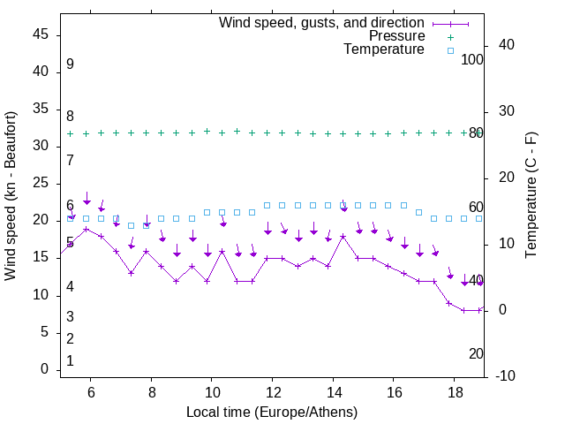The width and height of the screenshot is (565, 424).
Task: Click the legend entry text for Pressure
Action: pos(396,36)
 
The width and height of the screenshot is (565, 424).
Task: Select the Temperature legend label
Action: pos(384,49)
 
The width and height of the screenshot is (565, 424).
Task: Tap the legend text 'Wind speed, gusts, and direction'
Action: pos(322,22)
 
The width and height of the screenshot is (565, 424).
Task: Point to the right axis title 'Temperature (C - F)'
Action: pos(531,196)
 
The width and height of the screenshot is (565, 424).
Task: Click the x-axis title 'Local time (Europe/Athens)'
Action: pos(272,412)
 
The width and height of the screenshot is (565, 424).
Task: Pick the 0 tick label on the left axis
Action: pos(45,369)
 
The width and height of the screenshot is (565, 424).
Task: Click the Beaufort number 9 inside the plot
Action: pos(70,64)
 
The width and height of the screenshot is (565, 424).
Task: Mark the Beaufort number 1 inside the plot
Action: pos(70,360)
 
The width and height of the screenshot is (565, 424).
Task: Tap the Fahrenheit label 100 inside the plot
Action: pos(472,59)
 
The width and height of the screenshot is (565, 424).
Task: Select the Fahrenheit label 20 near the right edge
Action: pos(476,353)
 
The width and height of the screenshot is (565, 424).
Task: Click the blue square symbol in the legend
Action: pos(450,50)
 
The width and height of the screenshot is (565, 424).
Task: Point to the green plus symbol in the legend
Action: pos(450,37)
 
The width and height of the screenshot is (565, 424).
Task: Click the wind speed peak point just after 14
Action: pos(343,237)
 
